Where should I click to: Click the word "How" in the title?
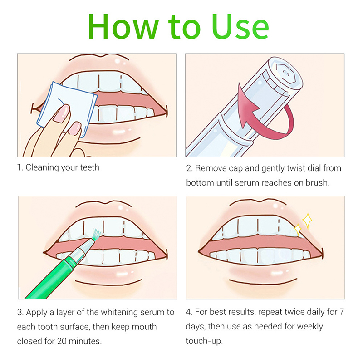click(x=123, y=26)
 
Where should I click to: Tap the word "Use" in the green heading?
click(x=240, y=26)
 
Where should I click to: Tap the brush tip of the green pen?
click(x=97, y=234)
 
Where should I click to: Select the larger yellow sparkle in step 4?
click(x=307, y=221)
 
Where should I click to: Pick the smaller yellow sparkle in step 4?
click(x=298, y=230)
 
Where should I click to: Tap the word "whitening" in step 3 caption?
click(x=119, y=313)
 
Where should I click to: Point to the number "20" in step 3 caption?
click(x=62, y=341)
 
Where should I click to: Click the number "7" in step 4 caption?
click(x=342, y=312)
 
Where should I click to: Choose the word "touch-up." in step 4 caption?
click(x=204, y=341)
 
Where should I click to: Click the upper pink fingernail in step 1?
click(x=62, y=113)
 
